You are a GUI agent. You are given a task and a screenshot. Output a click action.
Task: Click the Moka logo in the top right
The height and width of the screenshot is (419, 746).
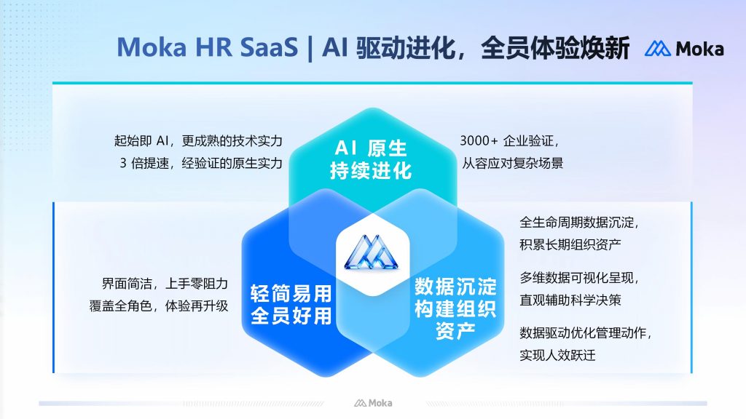[x=683, y=49]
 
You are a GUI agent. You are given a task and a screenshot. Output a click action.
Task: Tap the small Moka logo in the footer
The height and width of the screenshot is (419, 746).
[x=373, y=402]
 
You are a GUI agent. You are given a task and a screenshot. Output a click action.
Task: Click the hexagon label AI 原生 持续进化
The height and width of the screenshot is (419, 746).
[x=372, y=160]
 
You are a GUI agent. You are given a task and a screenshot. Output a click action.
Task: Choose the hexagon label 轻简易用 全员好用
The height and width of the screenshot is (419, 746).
[x=291, y=305]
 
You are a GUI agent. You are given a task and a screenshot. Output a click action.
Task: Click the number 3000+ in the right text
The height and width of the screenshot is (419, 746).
[x=478, y=141]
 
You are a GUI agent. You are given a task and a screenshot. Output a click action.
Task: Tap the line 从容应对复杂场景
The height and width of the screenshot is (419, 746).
[x=512, y=163]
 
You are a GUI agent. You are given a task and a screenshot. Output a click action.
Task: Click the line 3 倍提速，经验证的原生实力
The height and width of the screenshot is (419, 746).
[x=201, y=163]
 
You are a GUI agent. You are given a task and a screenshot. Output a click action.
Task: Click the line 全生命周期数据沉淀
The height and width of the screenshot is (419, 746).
[x=579, y=222]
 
